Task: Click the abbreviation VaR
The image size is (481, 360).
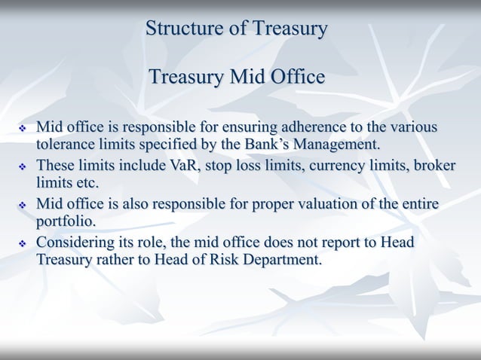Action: (x=180, y=165)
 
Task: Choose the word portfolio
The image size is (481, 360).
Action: (x=67, y=222)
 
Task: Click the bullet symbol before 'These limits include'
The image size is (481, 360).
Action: (x=22, y=166)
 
